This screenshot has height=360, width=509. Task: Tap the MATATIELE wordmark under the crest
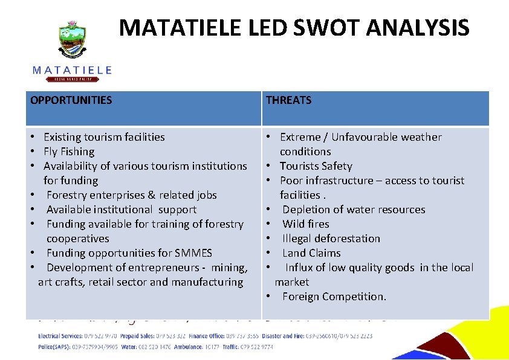[72, 70]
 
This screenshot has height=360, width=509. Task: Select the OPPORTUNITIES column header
[71, 100]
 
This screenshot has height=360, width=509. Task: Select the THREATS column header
[288, 100]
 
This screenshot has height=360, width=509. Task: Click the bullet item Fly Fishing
[69, 152]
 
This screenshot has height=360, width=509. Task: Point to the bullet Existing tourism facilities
[104, 137]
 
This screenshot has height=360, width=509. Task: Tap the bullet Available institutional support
[121, 210]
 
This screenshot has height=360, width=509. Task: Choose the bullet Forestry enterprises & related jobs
[131, 195]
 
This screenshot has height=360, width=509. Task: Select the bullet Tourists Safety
[316, 166]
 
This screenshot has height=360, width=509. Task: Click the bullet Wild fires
[306, 224]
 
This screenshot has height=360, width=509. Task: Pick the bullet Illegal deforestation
[331, 239]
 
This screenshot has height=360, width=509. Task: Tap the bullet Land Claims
[311, 253]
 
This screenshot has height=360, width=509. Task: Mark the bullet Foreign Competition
[334, 297]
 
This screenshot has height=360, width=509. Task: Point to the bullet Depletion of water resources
[354, 210]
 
